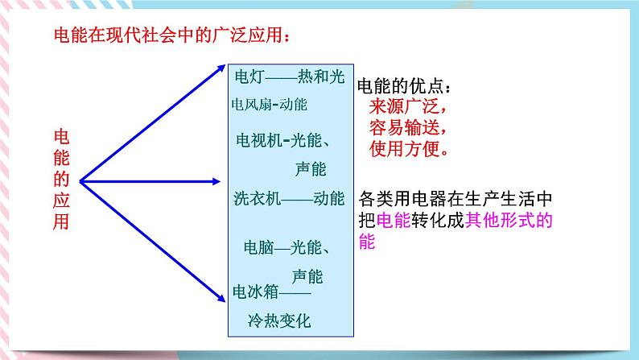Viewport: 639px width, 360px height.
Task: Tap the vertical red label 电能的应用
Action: coord(61,180)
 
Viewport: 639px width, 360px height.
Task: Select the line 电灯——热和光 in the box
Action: coord(290,77)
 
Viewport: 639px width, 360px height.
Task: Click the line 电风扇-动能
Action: coord(269,105)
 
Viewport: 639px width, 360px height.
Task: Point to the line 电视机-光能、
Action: coord(282,141)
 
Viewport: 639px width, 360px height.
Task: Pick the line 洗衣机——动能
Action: coord(290,199)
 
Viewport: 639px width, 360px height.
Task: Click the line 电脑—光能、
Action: coord(287,247)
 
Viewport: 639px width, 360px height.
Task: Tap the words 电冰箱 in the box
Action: coord(255,292)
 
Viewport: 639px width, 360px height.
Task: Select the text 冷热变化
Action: coord(279,321)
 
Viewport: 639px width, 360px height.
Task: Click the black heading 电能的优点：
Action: coord(404,86)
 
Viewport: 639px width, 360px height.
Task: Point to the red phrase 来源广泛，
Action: coord(408,106)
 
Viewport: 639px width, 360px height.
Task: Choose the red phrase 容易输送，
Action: coord(408,127)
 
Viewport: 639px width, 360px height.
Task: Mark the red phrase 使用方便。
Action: coord(409,149)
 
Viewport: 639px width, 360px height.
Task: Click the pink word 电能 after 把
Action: coord(394,221)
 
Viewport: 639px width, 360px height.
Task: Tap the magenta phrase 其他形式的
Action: coord(509,221)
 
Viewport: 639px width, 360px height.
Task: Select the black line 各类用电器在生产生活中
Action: coord(456,199)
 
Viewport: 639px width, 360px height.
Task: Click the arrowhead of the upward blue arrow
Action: coord(221,68)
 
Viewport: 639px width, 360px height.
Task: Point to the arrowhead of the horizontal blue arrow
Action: coord(216,181)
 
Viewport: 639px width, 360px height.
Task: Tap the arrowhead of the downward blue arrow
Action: coord(221,298)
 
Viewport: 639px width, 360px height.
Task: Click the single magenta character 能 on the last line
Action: coord(367,242)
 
